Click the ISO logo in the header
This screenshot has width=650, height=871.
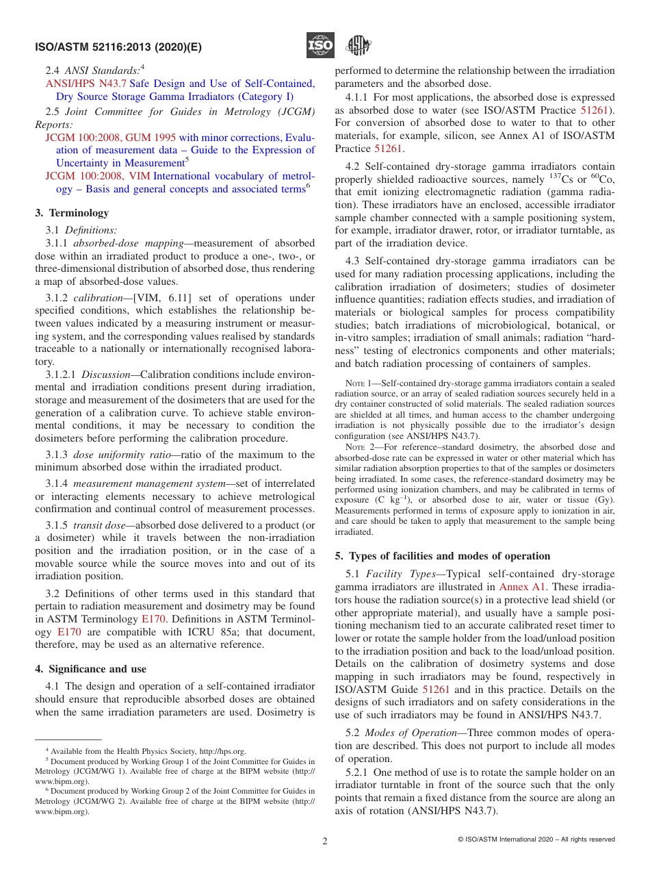320,46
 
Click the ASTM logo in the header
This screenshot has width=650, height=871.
358,46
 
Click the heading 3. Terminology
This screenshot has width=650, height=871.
71,213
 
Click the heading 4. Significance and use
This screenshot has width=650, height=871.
90,669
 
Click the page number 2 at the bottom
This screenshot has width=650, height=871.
325,842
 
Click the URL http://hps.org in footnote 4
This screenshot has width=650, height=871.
225,751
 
